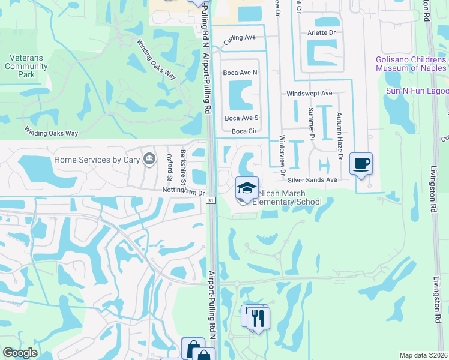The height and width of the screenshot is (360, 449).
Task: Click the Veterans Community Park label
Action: point(26,66)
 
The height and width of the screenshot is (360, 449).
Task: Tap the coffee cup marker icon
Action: point(361,163)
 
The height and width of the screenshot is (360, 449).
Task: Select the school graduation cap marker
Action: point(247,188)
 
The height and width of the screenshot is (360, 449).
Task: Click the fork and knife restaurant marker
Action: point(259,317)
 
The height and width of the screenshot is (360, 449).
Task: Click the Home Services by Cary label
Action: point(96,160)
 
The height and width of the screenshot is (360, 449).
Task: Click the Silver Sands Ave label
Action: point(312,180)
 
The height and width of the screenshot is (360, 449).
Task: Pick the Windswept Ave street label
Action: point(309,94)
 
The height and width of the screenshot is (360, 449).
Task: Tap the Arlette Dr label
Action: point(321,33)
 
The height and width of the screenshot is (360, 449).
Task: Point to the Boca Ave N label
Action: point(240,73)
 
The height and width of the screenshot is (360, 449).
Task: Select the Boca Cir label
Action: point(244,131)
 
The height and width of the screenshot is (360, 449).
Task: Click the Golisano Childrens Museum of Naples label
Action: point(412,64)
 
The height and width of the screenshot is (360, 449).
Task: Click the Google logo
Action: point(20,353)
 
